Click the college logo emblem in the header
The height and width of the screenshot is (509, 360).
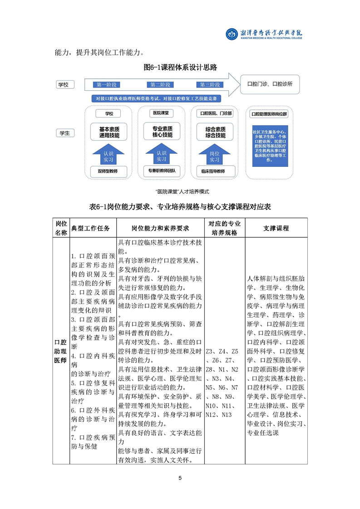tap(232, 34)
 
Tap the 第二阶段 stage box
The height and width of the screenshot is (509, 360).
tap(160, 85)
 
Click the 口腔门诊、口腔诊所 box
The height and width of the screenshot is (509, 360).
tap(269, 84)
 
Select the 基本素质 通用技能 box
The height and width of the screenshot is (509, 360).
tap(109, 132)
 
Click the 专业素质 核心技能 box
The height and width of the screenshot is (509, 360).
tap(161, 132)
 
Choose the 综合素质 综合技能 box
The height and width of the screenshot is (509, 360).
tap(215, 132)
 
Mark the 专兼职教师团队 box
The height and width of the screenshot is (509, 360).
tap(162, 171)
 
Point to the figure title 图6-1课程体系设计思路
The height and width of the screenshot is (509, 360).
tap(180, 68)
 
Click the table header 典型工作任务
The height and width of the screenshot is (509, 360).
tap(91, 228)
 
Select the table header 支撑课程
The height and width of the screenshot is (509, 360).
tap(276, 228)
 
